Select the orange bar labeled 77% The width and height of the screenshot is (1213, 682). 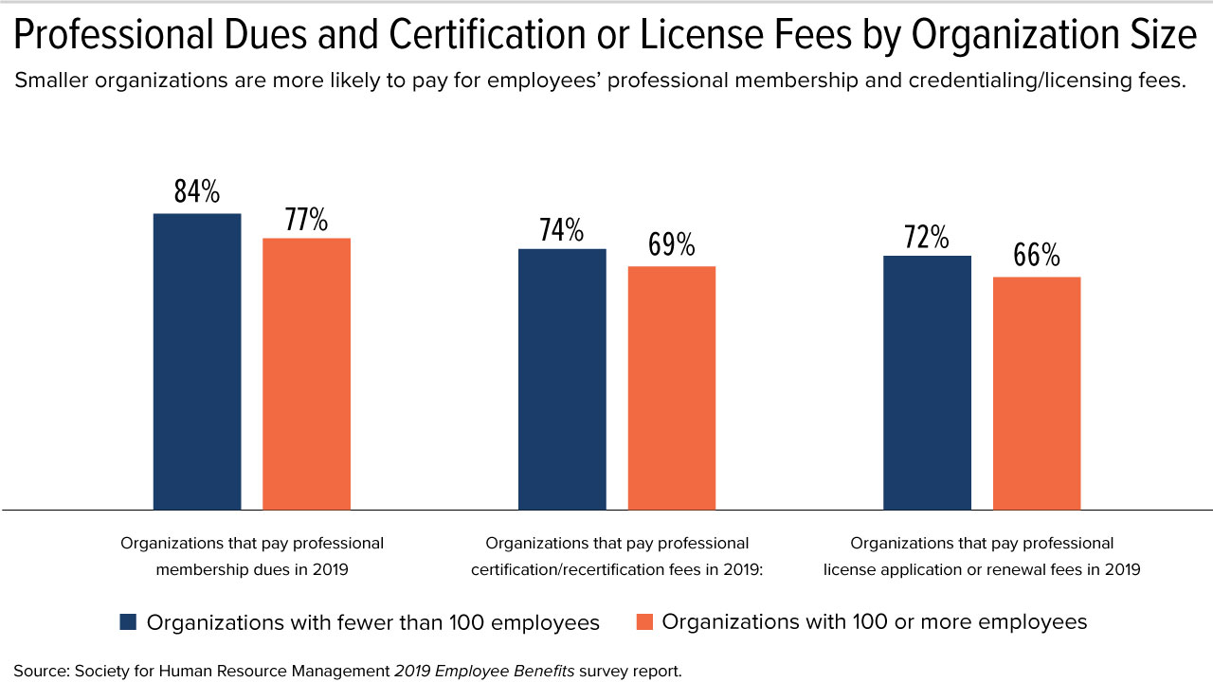306,374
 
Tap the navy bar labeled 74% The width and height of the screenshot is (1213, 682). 562,379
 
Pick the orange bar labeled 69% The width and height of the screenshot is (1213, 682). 672,388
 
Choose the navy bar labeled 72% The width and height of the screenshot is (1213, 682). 927,383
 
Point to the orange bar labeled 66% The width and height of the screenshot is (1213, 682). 1037,393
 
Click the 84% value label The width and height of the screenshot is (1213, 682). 197,192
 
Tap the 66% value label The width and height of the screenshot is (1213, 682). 1037,256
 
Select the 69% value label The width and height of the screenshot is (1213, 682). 672,245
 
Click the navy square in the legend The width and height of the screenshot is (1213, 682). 129,622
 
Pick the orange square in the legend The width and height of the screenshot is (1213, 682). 644,622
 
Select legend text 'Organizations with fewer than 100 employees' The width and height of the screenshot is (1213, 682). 373,622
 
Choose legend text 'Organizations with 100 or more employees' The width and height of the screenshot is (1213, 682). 874,622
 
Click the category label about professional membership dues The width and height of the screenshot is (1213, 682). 252,556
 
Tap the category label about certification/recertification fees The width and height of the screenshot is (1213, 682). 617,556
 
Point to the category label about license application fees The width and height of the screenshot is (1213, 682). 982,556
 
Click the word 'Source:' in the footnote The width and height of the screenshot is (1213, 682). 39,671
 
